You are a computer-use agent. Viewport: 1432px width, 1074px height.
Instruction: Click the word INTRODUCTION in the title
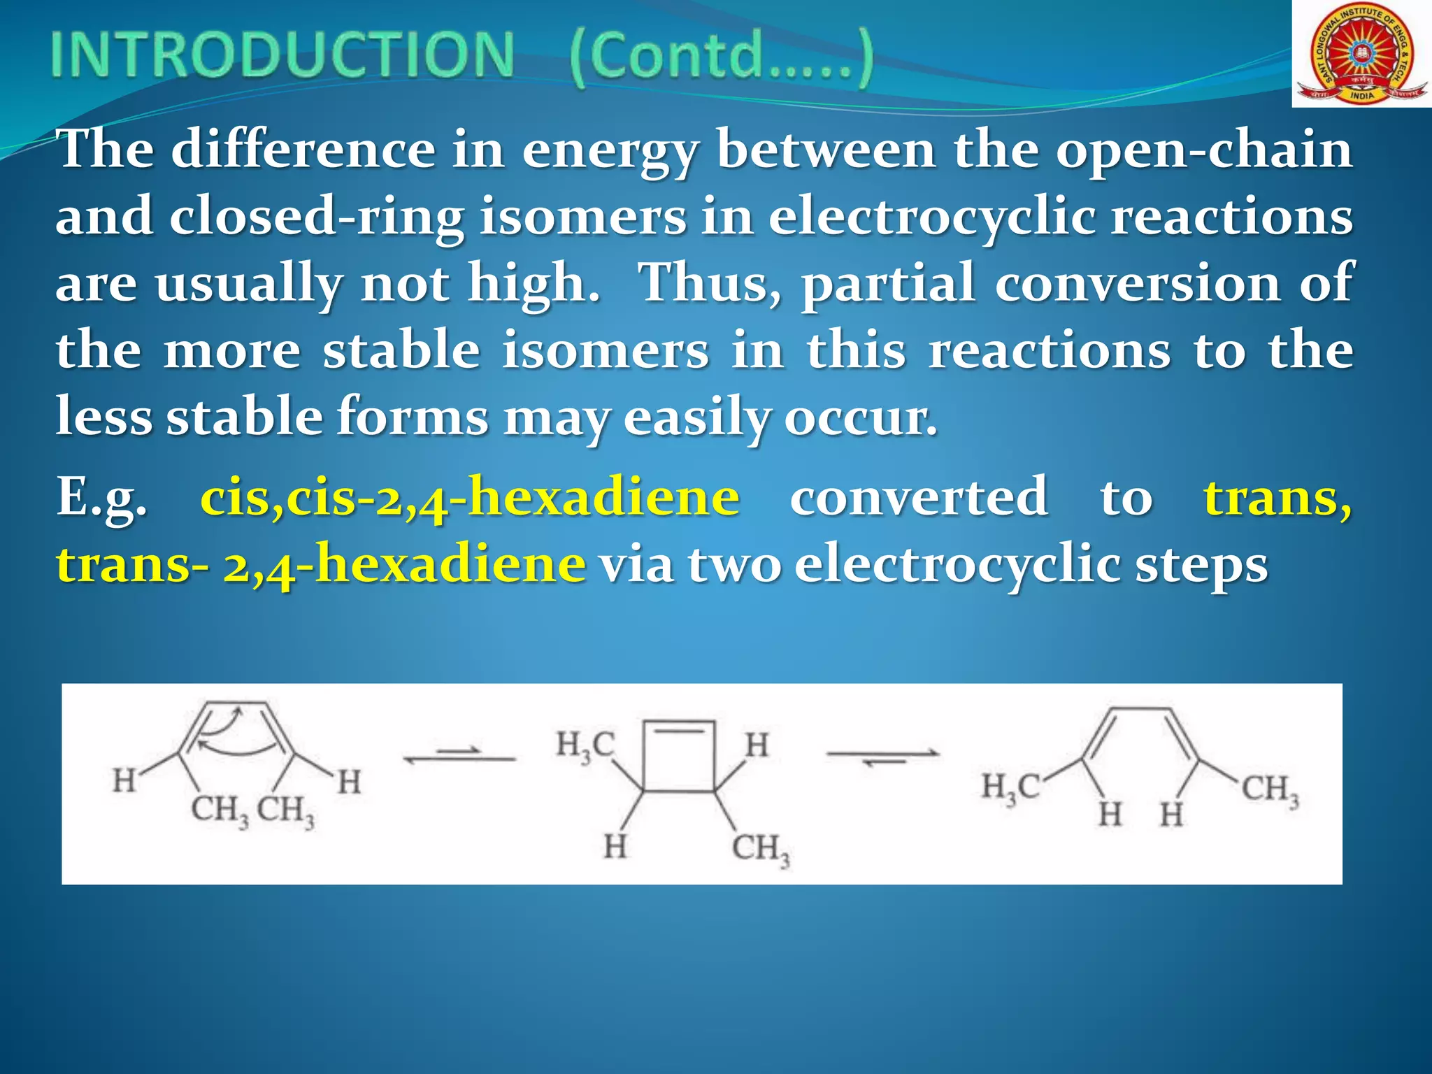(282, 56)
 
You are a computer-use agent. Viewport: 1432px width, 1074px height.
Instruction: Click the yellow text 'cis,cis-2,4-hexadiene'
(470, 498)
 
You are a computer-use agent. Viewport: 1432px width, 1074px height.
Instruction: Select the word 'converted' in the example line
(919, 498)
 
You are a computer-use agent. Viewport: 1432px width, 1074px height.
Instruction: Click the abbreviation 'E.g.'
(102, 498)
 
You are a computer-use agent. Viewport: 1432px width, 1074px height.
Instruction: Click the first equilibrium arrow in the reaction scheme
(459, 755)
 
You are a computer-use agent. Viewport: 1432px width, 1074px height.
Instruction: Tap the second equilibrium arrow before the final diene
(882, 756)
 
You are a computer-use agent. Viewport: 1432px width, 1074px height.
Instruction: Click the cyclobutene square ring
(679, 757)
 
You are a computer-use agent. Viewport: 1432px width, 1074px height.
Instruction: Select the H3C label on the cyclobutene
(585, 746)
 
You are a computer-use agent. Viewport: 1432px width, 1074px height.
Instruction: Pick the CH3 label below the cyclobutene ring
(761, 849)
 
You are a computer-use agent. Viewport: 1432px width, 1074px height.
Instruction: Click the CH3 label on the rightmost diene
(1270, 790)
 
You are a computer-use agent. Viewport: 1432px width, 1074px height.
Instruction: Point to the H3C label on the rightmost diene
(1010, 788)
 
